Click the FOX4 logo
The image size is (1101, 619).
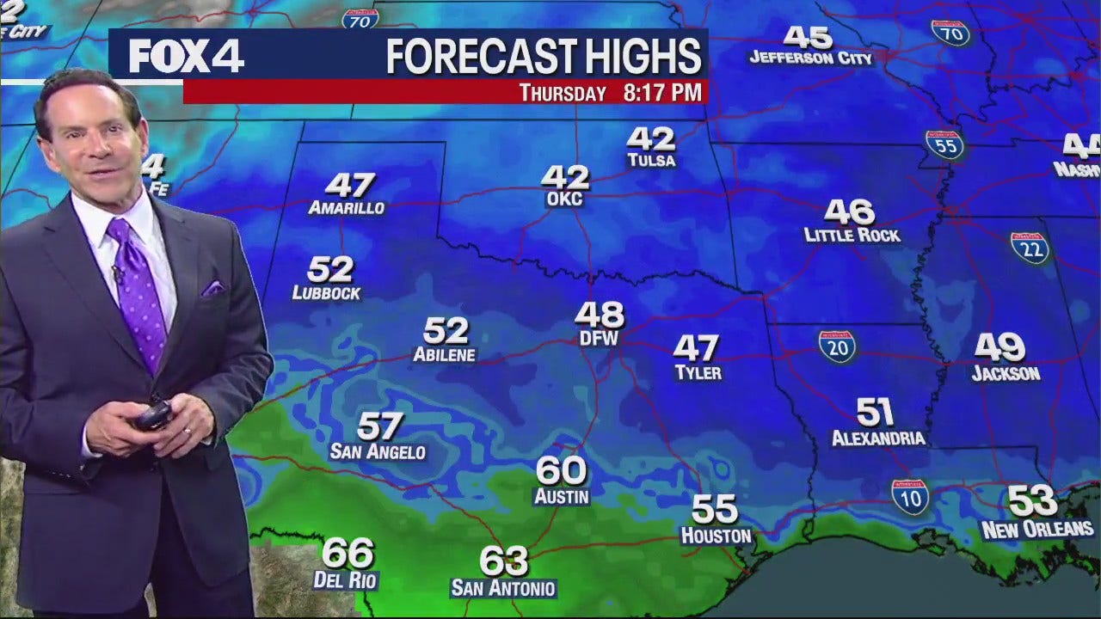click(x=186, y=57)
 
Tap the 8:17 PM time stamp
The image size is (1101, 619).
click(x=662, y=92)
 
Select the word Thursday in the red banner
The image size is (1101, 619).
click(x=563, y=93)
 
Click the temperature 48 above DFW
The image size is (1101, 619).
click(x=600, y=315)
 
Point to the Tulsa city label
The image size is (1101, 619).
click(x=651, y=161)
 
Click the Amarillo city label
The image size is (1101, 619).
click(x=346, y=208)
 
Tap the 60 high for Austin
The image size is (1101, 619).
click(x=561, y=471)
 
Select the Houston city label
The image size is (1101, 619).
click(x=716, y=536)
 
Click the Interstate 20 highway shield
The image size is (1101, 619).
click(x=837, y=346)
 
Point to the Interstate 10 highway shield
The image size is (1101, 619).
click(x=910, y=497)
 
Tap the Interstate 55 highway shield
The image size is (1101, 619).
click(x=944, y=144)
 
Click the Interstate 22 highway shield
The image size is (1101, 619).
click(x=1030, y=248)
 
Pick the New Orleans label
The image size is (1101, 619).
click(x=1037, y=530)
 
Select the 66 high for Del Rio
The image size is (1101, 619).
click(x=348, y=553)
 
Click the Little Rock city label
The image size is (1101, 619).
click(x=852, y=235)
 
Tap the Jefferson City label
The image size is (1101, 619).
click(x=810, y=58)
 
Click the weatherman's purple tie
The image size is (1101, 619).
click(x=139, y=288)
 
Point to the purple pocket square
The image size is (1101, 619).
click(x=212, y=288)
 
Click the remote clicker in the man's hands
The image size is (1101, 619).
click(x=153, y=417)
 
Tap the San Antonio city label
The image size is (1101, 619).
click(x=503, y=589)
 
